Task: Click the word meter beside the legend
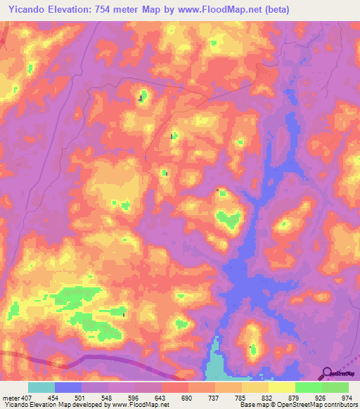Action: click(x=9, y=397)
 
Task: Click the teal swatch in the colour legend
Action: click(x=41, y=387)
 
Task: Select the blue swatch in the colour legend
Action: click(x=68, y=387)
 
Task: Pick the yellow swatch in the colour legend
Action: click(x=281, y=387)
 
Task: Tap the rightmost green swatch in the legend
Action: click(x=335, y=387)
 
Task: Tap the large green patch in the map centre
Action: click(x=227, y=220)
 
